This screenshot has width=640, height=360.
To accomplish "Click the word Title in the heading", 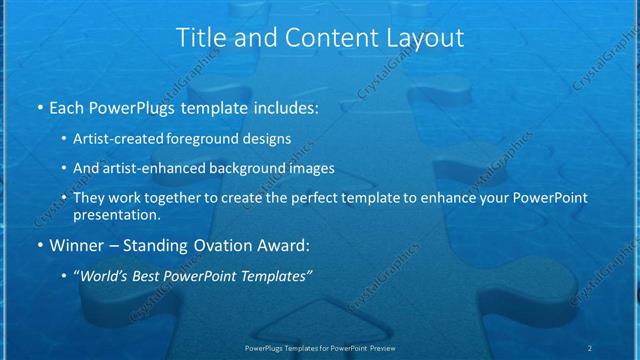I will pos(200,39).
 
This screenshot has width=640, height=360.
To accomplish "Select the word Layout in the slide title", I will pos(419,39).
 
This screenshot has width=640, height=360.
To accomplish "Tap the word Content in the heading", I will pos(319,39).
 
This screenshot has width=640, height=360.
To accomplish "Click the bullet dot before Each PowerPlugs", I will pos(38,106).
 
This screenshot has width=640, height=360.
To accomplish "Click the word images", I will pos(307,169).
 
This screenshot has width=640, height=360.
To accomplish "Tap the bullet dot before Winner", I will pos(38,243).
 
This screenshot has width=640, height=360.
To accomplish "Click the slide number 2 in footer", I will pos(590,347).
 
